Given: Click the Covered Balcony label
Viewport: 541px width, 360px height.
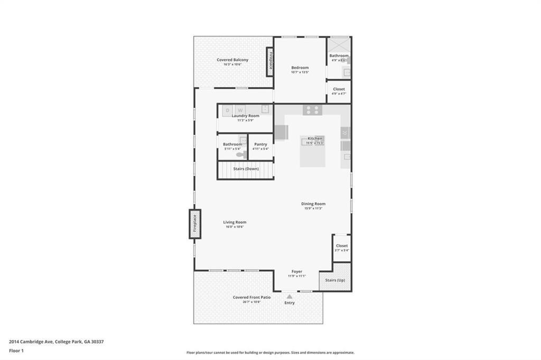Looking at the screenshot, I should tap(232, 60).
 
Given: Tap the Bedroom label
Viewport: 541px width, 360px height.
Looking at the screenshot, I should tap(300, 68).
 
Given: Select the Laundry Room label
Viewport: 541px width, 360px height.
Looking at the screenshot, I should tap(246, 116).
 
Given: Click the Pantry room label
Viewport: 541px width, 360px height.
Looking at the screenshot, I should tap(260, 144).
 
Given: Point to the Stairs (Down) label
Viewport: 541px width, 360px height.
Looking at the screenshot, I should tap(246, 169).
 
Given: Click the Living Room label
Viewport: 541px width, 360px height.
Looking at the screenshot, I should tap(235, 222).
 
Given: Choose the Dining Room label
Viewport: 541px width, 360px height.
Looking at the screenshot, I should tap(313, 204).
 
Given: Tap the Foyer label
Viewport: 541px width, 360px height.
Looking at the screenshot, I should tap(297, 271).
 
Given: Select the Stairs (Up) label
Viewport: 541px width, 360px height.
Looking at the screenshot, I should tap(335, 280).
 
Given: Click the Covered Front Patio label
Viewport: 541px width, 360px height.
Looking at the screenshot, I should tap(251, 297).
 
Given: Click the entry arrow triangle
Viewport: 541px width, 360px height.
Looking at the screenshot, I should tap(290, 297).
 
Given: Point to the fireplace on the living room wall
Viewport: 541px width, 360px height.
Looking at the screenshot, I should tap(195, 224).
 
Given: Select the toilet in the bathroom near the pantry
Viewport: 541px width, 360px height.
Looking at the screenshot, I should tap(240, 155).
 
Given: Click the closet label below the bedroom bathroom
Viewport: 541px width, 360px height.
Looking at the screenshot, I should tap(339, 89).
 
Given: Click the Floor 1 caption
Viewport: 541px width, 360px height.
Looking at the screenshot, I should tap(16, 350).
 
